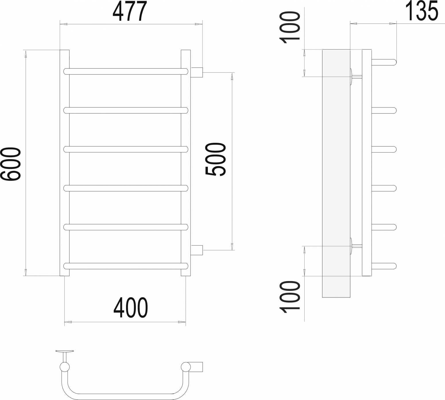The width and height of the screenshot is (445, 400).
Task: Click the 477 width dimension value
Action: coord(129,11)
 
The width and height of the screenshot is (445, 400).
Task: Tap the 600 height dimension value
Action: coord(11,164)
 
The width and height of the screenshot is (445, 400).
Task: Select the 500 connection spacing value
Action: coord(216,159)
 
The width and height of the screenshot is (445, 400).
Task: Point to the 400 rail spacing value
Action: coord(130,308)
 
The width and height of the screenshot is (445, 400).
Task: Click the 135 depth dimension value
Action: coord(421,11)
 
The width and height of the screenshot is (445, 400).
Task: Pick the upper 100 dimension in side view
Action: coord(290,28)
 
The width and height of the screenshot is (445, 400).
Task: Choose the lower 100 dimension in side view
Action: coord(290,297)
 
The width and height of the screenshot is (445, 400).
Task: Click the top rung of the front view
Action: coord(126,72)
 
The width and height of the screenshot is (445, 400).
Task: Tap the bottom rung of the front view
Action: coord(126,266)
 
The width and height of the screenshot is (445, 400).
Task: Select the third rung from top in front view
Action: coord(126,149)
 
